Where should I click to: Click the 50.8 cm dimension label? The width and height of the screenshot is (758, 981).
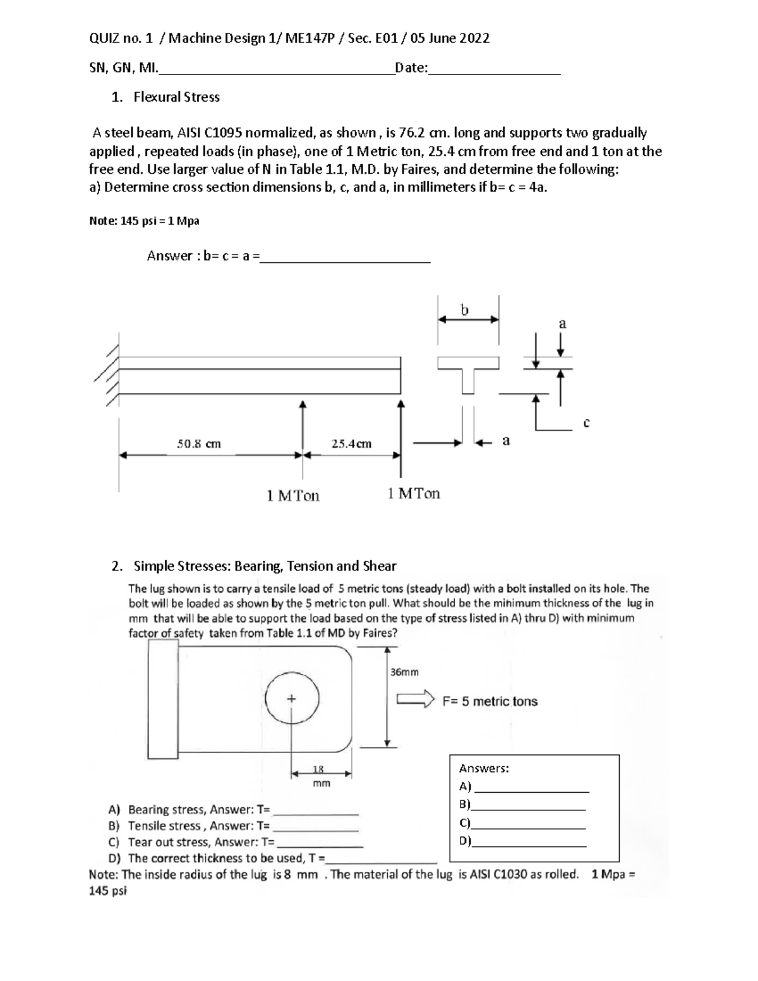pyautogui.click(x=198, y=443)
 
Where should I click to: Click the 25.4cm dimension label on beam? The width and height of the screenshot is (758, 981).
pyautogui.click(x=351, y=443)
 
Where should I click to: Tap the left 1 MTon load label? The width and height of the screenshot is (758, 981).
pyautogui.click(x=293, y=496)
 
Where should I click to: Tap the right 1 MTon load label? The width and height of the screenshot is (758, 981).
pyautogui.click(x=414, y=493)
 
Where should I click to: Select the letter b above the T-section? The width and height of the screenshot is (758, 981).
pyautogui.click(x=465, y=310)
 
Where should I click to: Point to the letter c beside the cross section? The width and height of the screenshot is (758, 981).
pyautogui.click(x=586, y=422)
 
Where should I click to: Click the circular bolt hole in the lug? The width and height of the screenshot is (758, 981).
pyautogui.click(x=292, y=699)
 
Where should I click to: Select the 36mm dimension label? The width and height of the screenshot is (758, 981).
pyautogui.click(x=404, y=672)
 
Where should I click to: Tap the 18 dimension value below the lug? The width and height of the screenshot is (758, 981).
pyautogui.click(x=319, y=769)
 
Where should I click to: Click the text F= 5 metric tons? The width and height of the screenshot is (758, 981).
pyautogui.click(x=490, y=701)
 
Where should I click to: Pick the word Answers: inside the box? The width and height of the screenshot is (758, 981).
pyautogui.click(x=484, y=768)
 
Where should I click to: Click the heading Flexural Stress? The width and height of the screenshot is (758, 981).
pyautogui.click(x=176, y=97)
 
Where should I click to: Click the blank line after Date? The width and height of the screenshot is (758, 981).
pyautogui.click(x=494, y=73)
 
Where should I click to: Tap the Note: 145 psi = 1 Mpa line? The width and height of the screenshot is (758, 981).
pyautogui.click(x=145, y=221)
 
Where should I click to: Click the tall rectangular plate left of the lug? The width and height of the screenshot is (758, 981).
pyautogui.click(x=163, y=699)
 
